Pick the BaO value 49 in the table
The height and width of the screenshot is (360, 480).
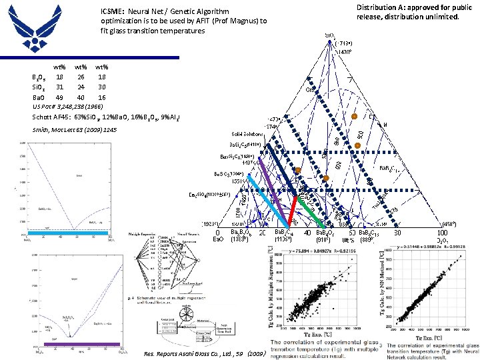click(60, 97)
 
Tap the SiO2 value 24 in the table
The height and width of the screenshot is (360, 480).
click(81, 87)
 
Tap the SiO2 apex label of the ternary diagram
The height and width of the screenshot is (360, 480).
click(330, 34)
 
